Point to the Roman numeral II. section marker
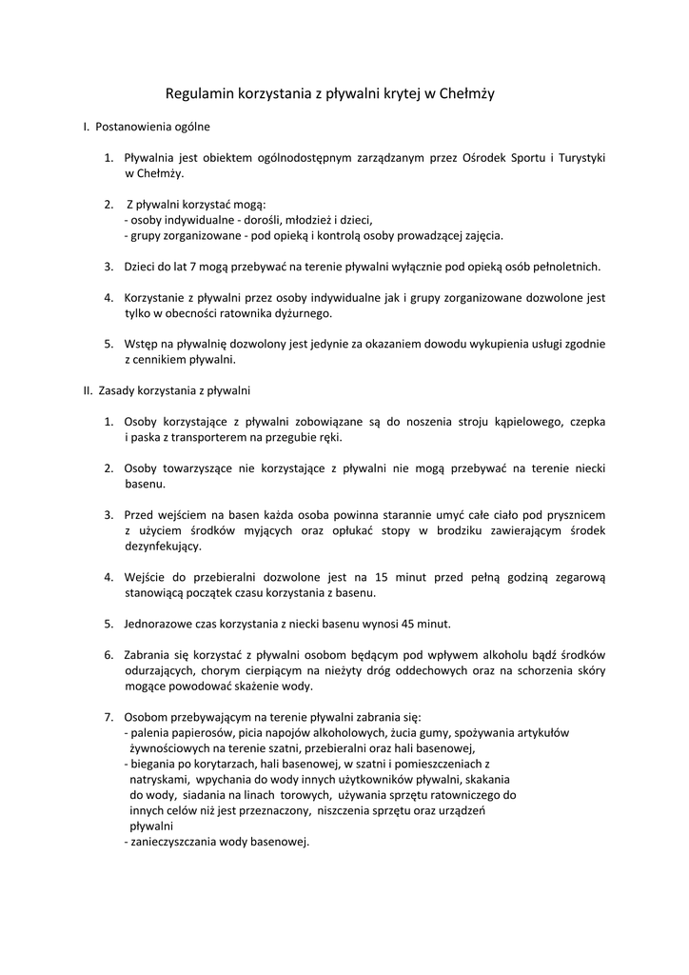click(87, 390)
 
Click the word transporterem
click(201, 437)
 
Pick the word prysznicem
click(569, 514)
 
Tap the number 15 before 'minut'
click(382, 577)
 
